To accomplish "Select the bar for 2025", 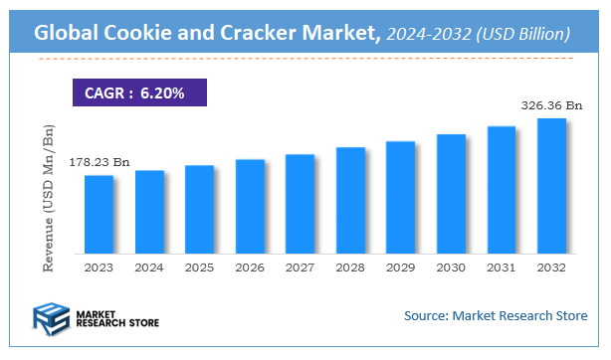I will click(199, 210).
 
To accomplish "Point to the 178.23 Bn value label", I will click(99, 162).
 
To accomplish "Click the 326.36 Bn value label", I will click(551, 103).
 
